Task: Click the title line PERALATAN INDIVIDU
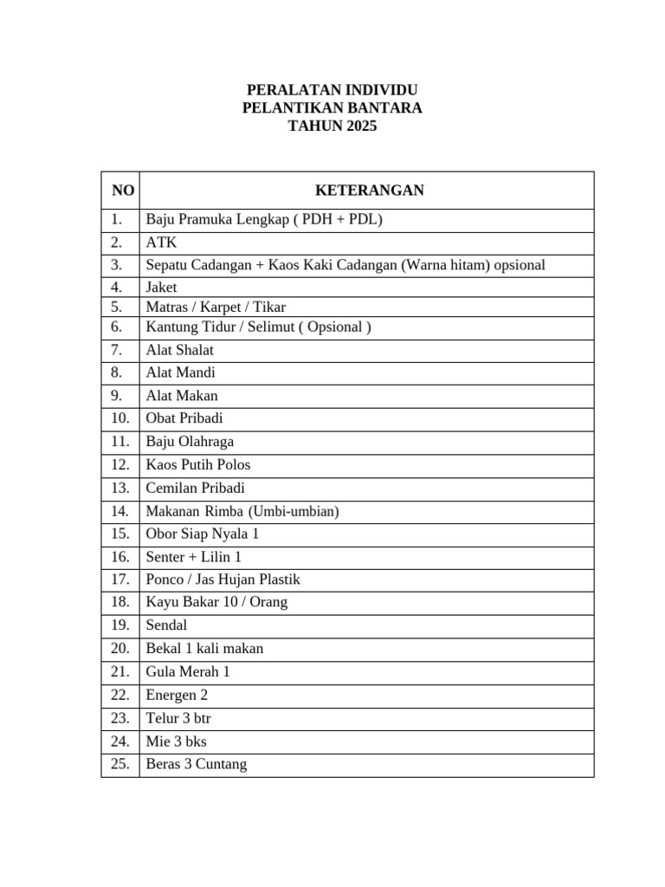tap(332, 90)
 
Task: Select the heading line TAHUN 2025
tap(332, 126)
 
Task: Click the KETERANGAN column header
tap(369, 191)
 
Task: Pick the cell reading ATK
tap(161, 243)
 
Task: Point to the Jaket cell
tap(161, 287)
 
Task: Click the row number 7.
tap(118, 350)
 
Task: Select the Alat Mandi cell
tap(180, 372)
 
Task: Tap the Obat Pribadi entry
tap(184, 418)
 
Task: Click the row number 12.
tap(119, 464)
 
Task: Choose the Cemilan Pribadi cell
tap(195, 488)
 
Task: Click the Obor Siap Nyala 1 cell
tap(203, 534)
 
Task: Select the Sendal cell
tap(166, 625)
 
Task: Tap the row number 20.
tap(119, 648)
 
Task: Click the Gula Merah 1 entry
tap(188, 671)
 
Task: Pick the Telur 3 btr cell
tap(178, 718)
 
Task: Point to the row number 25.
tap(119, 764)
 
